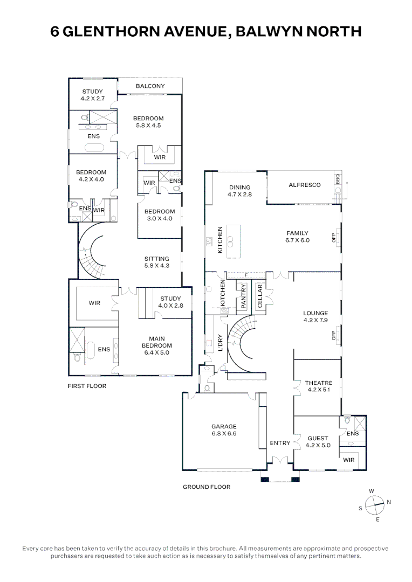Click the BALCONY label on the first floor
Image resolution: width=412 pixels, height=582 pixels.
(x=150, y=86)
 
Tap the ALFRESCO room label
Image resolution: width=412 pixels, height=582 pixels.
(x=304, y=185)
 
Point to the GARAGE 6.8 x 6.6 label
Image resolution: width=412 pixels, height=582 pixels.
(x=224, y=430)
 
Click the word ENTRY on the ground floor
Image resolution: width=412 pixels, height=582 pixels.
(x=280, y=444)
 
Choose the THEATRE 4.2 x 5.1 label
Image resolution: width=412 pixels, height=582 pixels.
(x=318, y=386)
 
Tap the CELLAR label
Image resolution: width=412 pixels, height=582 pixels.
(x=260, y=296)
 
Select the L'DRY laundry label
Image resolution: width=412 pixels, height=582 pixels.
(x=219, y=343)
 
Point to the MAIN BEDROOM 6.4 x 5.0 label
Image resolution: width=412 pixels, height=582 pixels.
(x=156, y=345)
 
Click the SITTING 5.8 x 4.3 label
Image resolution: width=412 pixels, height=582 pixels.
(x=156, y=262)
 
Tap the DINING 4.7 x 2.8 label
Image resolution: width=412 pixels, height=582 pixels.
(x=239, y=191)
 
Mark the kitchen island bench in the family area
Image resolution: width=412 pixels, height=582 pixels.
(x=234, y=241)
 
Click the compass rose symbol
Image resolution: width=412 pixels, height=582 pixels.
(x=374, y=505)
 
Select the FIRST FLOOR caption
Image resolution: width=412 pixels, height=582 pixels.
(x=87, y=386)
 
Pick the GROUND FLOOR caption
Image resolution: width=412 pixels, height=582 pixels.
(x=206, y=487)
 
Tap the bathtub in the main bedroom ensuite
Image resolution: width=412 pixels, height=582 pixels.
(x=90, y=351)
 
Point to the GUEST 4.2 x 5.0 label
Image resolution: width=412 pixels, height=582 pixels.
(x=318, y=442)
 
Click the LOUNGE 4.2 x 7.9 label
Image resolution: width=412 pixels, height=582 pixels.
(x=315, y=317)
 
